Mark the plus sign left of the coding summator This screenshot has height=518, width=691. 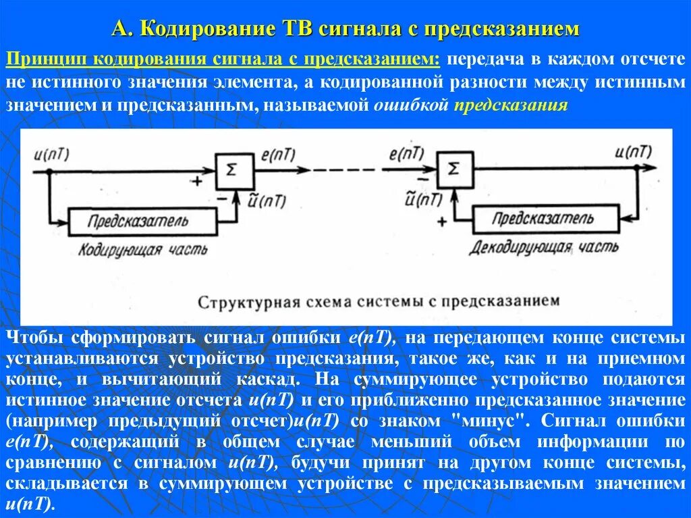point(196,182)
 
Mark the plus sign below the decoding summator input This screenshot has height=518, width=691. point(442,221)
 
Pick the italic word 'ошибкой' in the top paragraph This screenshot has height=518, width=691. point(411,106)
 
